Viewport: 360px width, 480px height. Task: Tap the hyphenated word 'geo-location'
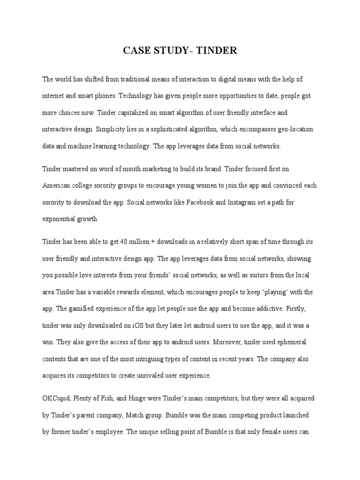(294, 129)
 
